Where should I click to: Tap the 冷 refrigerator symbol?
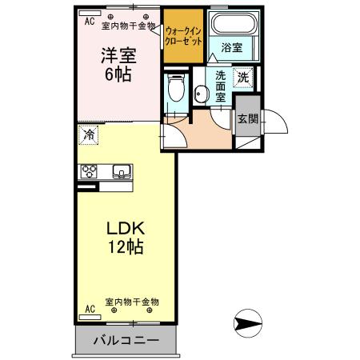click(87, 135)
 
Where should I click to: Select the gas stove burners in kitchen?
click(88, 171)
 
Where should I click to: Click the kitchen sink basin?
click(122, 170)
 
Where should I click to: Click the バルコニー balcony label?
click(126, 339)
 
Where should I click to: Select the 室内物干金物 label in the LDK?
click(133, 302)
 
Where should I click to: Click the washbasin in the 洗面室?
click(199, 93)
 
